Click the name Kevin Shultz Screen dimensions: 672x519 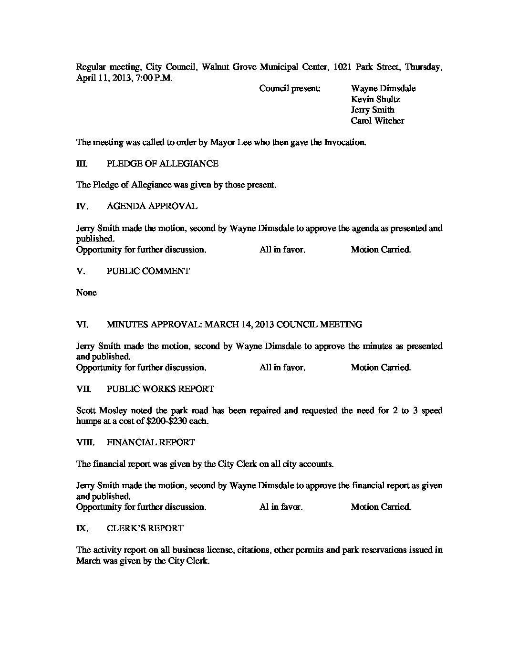[375, 99]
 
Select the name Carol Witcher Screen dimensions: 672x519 [377, 121]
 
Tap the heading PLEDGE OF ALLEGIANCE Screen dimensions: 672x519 [162, 164]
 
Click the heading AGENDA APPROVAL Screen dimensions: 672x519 [152, 206]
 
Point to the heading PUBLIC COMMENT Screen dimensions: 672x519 [148, 271]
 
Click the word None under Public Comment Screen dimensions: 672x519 [86, 293]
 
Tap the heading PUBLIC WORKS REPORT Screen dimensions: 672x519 [160, 389]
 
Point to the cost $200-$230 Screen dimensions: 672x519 [159, 421]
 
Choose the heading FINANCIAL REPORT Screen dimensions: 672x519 [150, 442]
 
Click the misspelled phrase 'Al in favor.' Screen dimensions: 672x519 [281, 507]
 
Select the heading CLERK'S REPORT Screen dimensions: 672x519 [145, 528]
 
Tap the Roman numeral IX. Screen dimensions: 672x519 [82, 528]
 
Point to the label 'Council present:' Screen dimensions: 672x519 [290, 89]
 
